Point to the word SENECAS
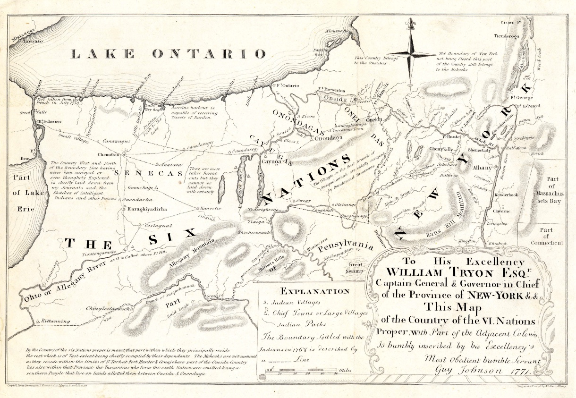pos(147,174)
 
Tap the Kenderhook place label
pos(504,195)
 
